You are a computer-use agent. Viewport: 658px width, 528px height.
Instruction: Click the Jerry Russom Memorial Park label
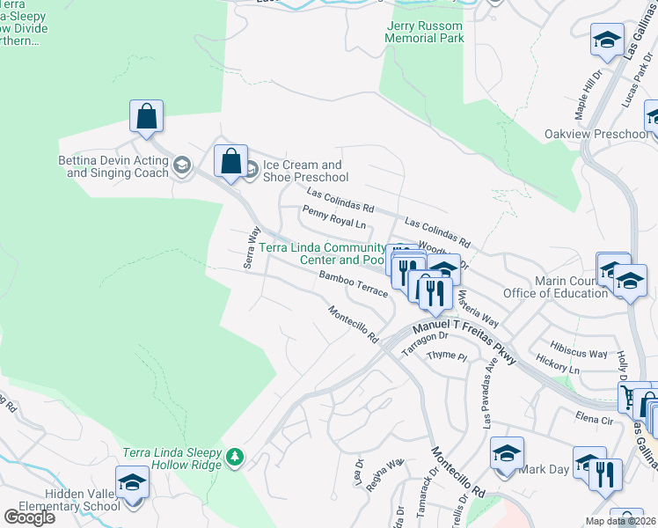pos(425,33)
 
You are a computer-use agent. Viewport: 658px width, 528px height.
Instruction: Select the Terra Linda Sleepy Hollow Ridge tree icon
pos(234,457)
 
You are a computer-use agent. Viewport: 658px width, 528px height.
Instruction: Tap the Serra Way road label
pos(253,249)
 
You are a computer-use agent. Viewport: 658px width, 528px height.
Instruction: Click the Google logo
pos(29,517)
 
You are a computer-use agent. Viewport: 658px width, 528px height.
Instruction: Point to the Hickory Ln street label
pos(558,365)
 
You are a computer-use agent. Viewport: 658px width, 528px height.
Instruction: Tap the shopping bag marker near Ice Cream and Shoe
pos(230,162)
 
